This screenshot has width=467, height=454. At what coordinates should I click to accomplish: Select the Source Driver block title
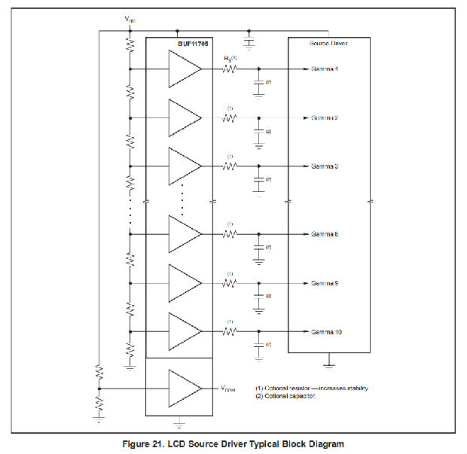click(328, 44)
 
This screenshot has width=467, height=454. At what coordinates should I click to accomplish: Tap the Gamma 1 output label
click(325, 69)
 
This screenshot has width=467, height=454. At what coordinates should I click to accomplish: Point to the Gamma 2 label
click(325, 118)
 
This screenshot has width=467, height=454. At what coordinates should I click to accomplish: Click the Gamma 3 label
click(325, 166)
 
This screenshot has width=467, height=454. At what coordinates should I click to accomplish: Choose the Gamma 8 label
click(325, 234)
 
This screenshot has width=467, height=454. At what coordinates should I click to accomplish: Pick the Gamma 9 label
click(325, 283)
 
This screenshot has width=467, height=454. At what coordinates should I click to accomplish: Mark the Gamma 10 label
click(326, 331)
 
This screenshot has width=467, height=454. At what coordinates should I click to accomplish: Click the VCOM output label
click(227, 388)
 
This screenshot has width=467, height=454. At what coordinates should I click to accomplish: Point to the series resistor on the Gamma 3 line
click(229, 166)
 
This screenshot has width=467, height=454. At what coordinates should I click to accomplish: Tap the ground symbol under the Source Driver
click(328, 366)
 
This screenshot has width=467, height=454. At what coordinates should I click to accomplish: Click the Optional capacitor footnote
click(286, 396)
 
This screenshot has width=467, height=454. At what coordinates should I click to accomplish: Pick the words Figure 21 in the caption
click(143, 443)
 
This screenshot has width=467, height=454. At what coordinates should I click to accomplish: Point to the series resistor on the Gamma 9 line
click(229, 283)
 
